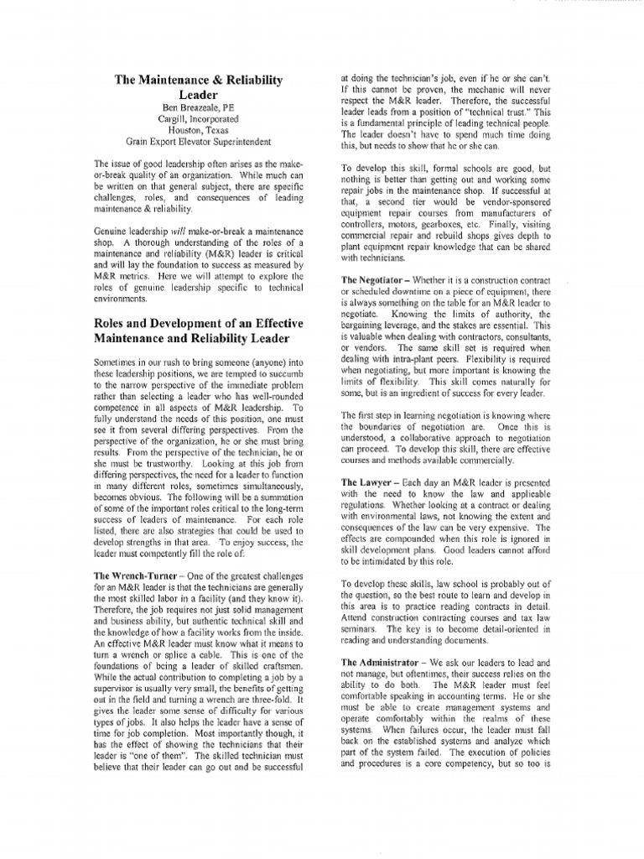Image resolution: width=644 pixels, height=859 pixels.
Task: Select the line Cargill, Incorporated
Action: point(198,121)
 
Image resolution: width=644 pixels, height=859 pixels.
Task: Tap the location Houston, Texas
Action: point(198,132)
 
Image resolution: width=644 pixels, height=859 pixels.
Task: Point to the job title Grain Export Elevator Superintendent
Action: point(198,143)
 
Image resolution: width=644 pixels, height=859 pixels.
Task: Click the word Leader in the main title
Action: point(198,96)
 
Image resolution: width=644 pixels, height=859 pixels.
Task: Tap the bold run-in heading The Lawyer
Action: point(367,483)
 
